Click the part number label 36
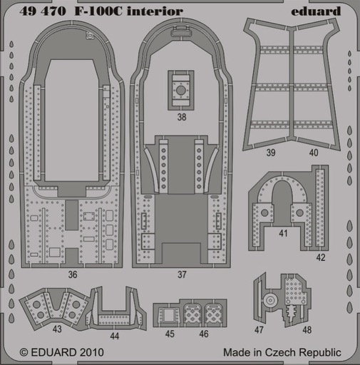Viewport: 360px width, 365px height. pos(73,274)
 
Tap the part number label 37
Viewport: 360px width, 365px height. pos(182,274)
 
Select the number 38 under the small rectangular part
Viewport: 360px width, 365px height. pos(182,117)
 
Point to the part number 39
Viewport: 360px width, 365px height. pos(271,153)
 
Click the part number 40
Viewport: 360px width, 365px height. pos(314,153)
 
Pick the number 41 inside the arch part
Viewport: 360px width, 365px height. pos(283,233)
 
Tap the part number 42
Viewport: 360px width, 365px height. pos(321,257)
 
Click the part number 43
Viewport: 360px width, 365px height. pos(57,329)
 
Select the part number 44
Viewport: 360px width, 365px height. pos(115,336)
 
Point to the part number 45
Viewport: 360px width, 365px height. pos(170,334)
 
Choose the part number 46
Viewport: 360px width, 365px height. pos(204,334)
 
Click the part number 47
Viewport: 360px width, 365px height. pos(259,330)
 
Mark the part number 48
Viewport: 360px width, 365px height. pos(307,330)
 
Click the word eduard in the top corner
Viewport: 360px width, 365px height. pos(316,11)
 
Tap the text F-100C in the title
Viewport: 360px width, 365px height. pos(99,11)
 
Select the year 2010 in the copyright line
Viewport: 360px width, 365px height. pos(91,352)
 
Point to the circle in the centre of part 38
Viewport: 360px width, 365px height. pos(181,90)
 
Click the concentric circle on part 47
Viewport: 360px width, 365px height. pos(270,300)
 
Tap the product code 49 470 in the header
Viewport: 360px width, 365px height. pos(43,11)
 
